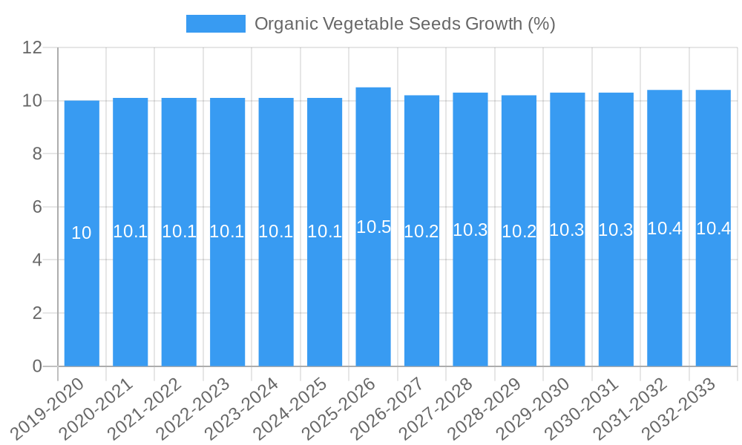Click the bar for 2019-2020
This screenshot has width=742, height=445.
[82, 297]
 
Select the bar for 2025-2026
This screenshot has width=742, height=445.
[373, 297]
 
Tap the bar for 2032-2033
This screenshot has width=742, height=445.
[713, 297]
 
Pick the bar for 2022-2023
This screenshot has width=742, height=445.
[227, 297]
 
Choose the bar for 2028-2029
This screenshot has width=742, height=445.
[519, 297]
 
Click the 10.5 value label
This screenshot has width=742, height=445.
[373, 228]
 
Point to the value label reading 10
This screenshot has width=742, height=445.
[82, 233]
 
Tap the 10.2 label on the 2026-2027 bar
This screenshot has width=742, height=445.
[421, 231]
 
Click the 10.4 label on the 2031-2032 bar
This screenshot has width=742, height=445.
[664, 228]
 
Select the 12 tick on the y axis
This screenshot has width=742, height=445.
[33, 47]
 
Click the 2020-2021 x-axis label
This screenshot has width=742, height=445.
[97, 409]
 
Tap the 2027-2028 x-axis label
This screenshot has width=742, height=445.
[437, 409]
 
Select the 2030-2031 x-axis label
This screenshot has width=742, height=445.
[583, 409]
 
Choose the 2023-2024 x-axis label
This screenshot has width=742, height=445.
[243, 409]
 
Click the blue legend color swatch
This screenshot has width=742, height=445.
[215, 24]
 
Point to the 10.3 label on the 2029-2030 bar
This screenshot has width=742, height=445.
[567, 230]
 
